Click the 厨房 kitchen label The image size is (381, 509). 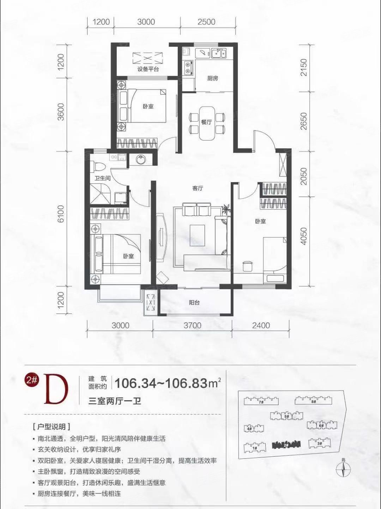(x=212, y=78)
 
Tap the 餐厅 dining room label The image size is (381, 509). (x=206, y=122)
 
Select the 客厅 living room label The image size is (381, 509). (x=198, y=188)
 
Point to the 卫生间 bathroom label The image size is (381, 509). (x=102, y=178)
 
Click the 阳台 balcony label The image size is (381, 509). (x=194, y=303)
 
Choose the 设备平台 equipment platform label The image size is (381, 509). (x=148, y=69)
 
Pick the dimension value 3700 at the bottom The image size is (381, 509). (x=192, y=326)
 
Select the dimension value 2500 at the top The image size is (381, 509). (x=206, y=22)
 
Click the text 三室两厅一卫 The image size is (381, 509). (x=115, y=401)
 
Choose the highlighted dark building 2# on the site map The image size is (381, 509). (x=286, y=445)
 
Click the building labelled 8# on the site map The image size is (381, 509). (x=313, y=401)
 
